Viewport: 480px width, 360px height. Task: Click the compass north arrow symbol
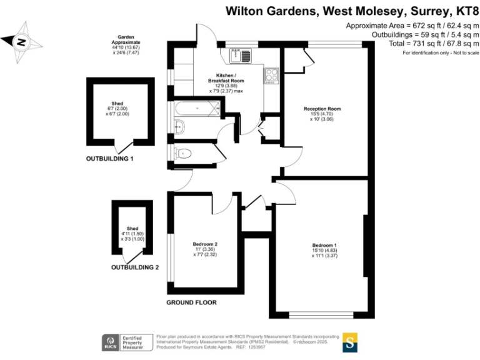tap(22, 42)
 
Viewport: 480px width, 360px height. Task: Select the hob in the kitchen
tap(272, 75)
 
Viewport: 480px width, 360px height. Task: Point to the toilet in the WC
tap(184, 152)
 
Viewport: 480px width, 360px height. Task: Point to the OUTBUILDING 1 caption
tap(109, 159)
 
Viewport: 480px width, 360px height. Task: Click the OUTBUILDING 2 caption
tap(135, 267)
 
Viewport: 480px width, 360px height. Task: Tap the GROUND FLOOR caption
tap(191, 302)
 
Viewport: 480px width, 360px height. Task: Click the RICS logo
tap(111, 342)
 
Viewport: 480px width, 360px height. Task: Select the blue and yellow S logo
tap(351, 342)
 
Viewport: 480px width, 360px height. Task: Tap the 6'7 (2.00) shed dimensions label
tap(117, 111)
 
